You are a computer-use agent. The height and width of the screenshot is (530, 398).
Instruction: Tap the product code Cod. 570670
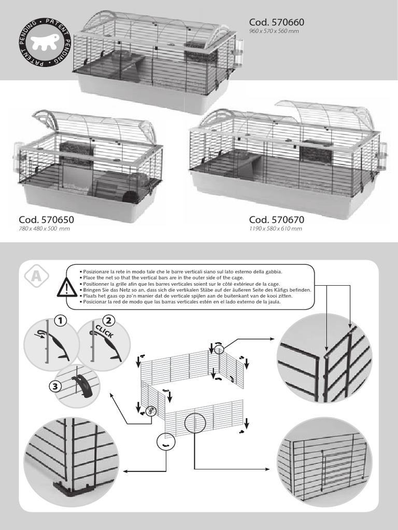[x=276, y=219]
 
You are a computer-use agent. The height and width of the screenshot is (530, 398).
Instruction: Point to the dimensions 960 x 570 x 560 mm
[x=274, y=31]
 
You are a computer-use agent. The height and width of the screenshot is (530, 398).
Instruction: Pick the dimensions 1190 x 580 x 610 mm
[x=275, y=229]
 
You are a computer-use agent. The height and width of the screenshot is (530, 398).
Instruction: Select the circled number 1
[x=62, y=321]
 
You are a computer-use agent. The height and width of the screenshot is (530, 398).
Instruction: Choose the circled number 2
[x=108, y=321]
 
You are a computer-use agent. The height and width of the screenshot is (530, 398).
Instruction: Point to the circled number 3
[x=55, y=386]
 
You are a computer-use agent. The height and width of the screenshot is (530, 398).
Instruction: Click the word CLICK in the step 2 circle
[x=104, y=332]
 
